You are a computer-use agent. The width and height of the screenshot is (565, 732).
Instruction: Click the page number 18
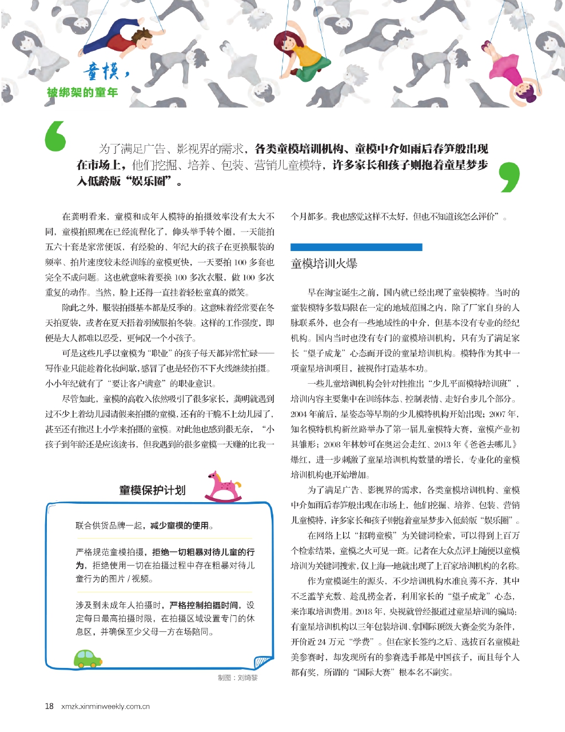point(49,706)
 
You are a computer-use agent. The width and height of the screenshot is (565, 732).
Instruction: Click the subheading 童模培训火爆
point(324,264)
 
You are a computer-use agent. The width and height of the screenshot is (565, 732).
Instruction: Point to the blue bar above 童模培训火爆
point(356,247)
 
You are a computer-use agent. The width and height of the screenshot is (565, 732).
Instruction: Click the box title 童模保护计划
point(152,490)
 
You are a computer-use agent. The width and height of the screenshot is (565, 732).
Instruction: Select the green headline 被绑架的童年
point(83,92)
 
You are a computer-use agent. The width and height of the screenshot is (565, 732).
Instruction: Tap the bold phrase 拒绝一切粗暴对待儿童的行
point(203,552)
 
